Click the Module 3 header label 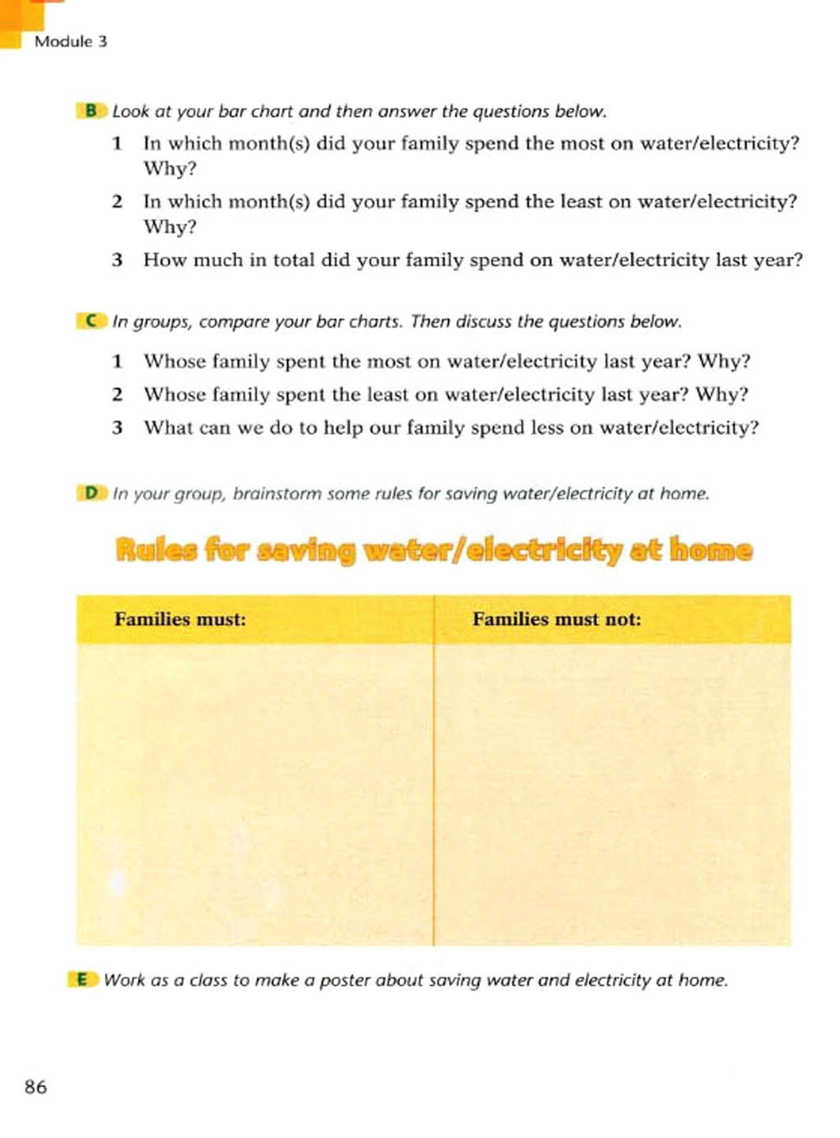71,42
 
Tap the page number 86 36,1087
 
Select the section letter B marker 90,111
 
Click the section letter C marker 90,321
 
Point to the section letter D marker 90,493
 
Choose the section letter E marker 82,980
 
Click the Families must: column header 180,619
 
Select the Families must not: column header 556,619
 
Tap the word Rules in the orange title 156,550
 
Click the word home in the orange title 710,550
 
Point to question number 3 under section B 117,260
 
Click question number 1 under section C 117,361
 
